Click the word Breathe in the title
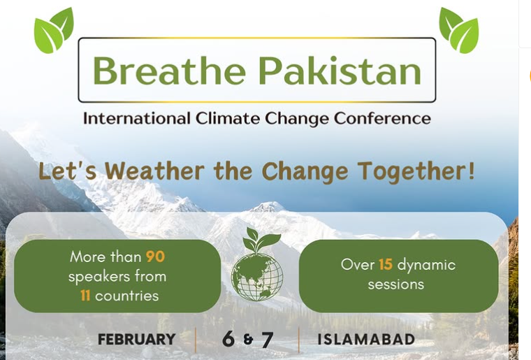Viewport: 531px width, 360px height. coord(169,70)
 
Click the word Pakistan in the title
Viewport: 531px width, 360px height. coord(340,70)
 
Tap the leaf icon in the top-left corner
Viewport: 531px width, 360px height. coord(54,31)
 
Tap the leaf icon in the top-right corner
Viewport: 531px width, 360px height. coord(459,31)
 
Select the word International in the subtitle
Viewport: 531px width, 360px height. coord(136,119)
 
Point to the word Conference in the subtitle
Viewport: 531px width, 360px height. coord(382,119)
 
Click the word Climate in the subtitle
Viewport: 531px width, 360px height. coord(228,119)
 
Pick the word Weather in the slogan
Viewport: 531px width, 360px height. coord(154,171)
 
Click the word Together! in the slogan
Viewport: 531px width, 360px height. coord(416,171)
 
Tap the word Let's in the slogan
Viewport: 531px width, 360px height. coord(68,171)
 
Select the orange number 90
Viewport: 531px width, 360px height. coord(155,257)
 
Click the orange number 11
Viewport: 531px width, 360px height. coord(85,296)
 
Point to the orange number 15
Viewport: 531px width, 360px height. coord(386,264)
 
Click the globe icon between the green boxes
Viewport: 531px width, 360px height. coord(257,277)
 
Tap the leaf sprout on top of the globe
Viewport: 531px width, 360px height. coord(261,240)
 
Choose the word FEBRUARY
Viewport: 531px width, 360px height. coord(137,339)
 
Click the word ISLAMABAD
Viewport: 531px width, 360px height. coord(366,339)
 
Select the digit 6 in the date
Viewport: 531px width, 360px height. coord(228,339)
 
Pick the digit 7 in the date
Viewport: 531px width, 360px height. coord(267,340)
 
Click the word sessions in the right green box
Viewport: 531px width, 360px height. coord(396,285)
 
